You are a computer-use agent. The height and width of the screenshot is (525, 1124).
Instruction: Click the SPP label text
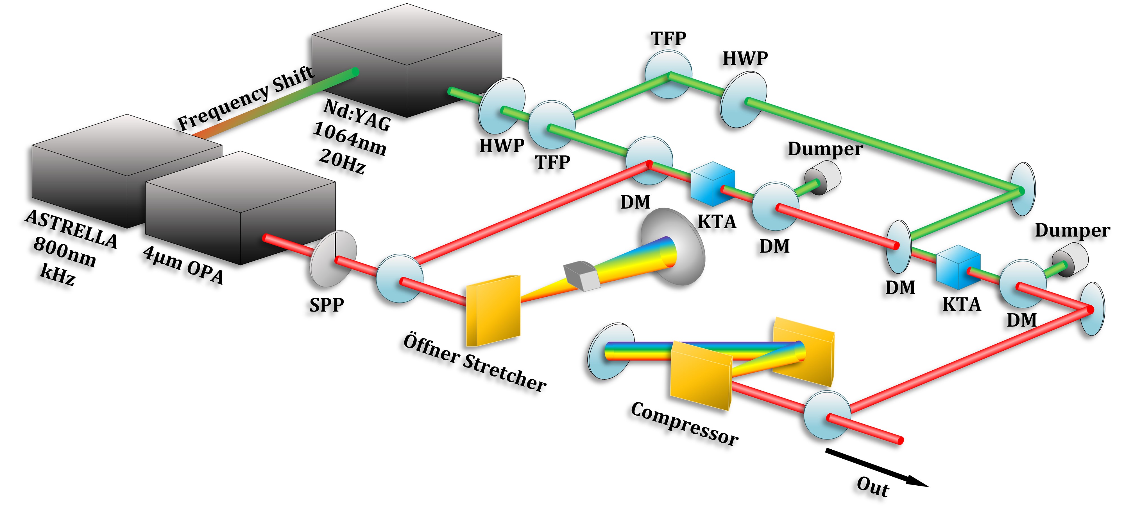326,305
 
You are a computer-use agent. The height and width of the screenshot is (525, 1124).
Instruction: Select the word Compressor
684,424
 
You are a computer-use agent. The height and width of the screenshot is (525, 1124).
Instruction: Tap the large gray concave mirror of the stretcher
672,247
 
